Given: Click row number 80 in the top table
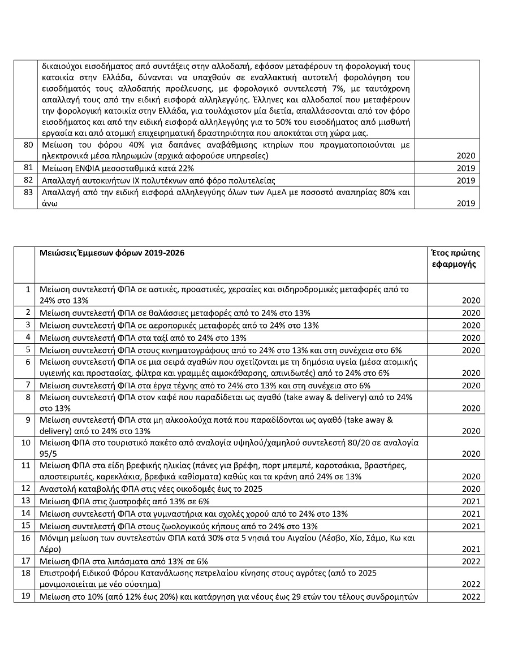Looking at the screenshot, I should tap(27, 145).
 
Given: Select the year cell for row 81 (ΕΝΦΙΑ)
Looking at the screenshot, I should tap(466, 168).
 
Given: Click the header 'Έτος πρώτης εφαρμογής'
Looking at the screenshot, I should tap(454, 258).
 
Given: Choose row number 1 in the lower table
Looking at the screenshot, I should tap(28, 289).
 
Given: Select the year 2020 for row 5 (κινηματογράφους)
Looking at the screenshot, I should tap(471, 350).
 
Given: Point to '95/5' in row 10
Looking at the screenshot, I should tap(48, 453).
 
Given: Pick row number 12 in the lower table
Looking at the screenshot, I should tap(25, 488).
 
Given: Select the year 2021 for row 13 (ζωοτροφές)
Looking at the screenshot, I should tap(471, 501).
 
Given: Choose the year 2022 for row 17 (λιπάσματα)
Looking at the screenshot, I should tap(471, 562).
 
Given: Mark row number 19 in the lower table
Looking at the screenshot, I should tap(25, 596).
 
